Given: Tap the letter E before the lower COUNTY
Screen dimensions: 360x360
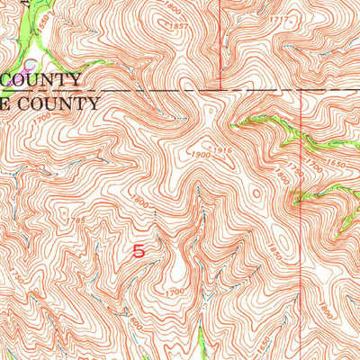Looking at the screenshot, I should pos(4,103).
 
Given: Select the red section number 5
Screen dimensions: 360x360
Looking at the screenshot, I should pos(138,253).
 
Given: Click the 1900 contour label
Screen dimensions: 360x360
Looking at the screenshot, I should pos(200,156).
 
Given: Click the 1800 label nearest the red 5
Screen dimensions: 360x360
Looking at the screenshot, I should pos(140,204).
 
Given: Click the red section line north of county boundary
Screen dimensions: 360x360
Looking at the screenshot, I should pos(221,45).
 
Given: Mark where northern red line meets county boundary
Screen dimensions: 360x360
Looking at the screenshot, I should pos(221,90).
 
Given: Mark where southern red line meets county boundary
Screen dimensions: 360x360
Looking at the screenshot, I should pos(300,91).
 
